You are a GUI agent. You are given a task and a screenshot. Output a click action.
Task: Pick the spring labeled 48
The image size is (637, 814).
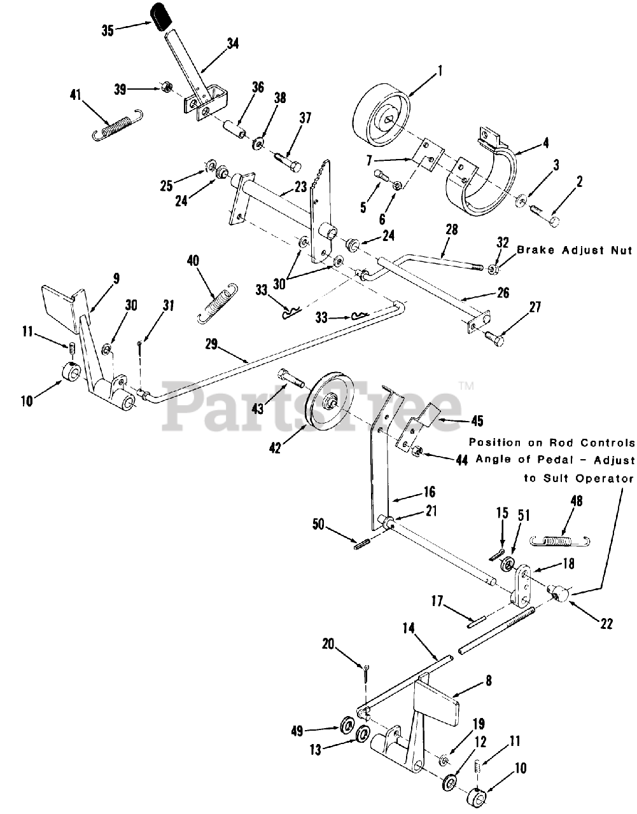[562, 541]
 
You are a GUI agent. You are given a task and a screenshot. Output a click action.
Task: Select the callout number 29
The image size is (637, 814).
[212, 345]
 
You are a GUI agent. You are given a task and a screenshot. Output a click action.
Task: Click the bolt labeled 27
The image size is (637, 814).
[494, 338]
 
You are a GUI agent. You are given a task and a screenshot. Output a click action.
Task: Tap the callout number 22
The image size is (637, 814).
[606, 624]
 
